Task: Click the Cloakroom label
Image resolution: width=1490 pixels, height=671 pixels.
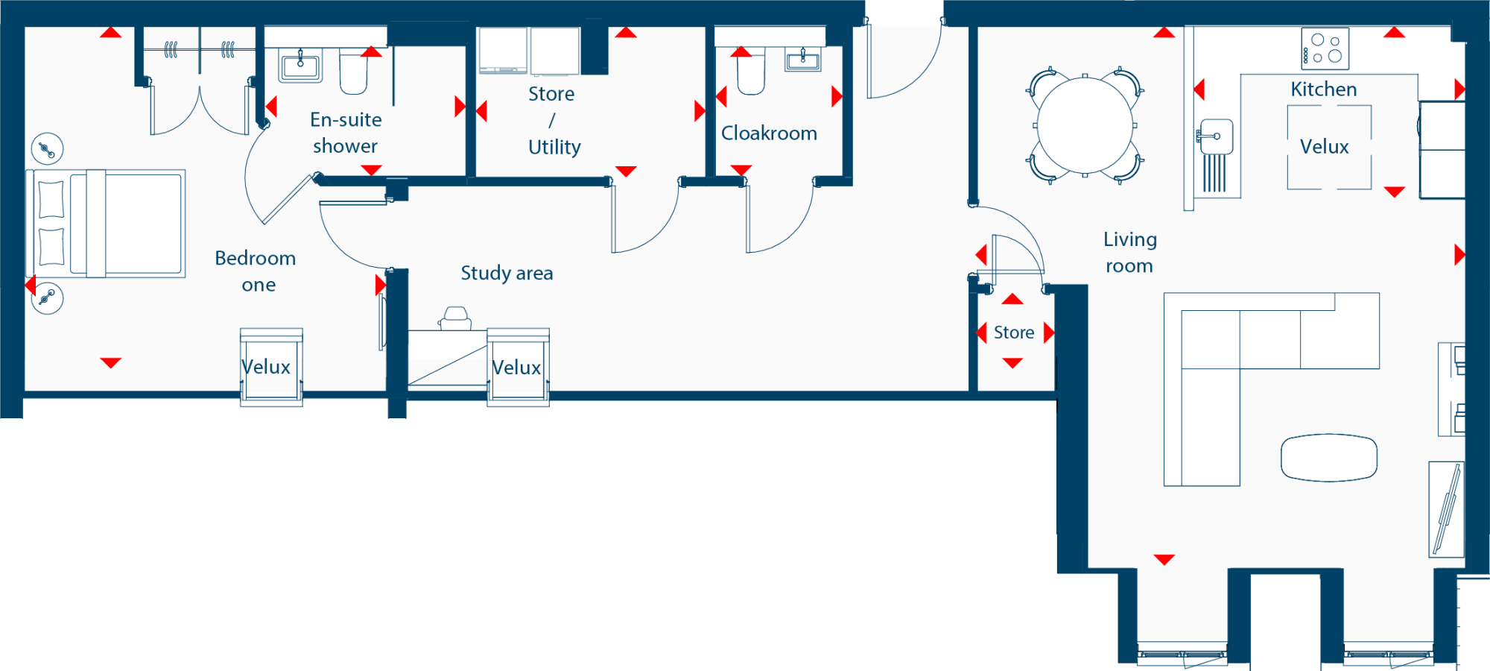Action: tap(769, 133)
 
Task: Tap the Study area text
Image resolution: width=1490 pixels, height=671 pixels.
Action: tap(507, 273)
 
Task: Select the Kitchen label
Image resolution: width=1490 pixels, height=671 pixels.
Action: tap(1324, 89)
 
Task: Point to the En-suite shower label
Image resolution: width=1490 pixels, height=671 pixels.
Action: tap(346, 133)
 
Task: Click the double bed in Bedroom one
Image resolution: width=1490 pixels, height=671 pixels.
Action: tap(106, 224)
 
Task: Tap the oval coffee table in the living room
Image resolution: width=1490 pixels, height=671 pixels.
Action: tap(1329, 458)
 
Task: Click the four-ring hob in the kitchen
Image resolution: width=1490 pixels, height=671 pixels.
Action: tap(1325, 48)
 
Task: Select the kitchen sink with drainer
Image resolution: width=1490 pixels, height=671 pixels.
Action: tap(1214, 155)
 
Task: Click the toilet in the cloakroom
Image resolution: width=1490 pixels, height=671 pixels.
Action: tap(751, 71)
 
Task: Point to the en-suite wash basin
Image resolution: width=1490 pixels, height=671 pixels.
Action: tap(300, 66)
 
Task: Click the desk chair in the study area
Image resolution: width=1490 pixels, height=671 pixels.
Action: tap(455, 318)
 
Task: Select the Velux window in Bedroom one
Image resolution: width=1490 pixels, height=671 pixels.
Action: tap(271, 367)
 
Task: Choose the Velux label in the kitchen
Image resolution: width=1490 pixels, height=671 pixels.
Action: tap(1325, 147)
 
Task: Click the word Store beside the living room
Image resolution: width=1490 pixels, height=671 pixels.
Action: tap(1014, 333)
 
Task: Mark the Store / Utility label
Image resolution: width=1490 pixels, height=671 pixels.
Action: tap(553, 120)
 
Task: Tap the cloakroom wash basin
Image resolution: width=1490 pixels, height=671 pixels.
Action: tap(803, 59)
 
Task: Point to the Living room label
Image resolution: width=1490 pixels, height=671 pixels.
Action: tap(1129, 252)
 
